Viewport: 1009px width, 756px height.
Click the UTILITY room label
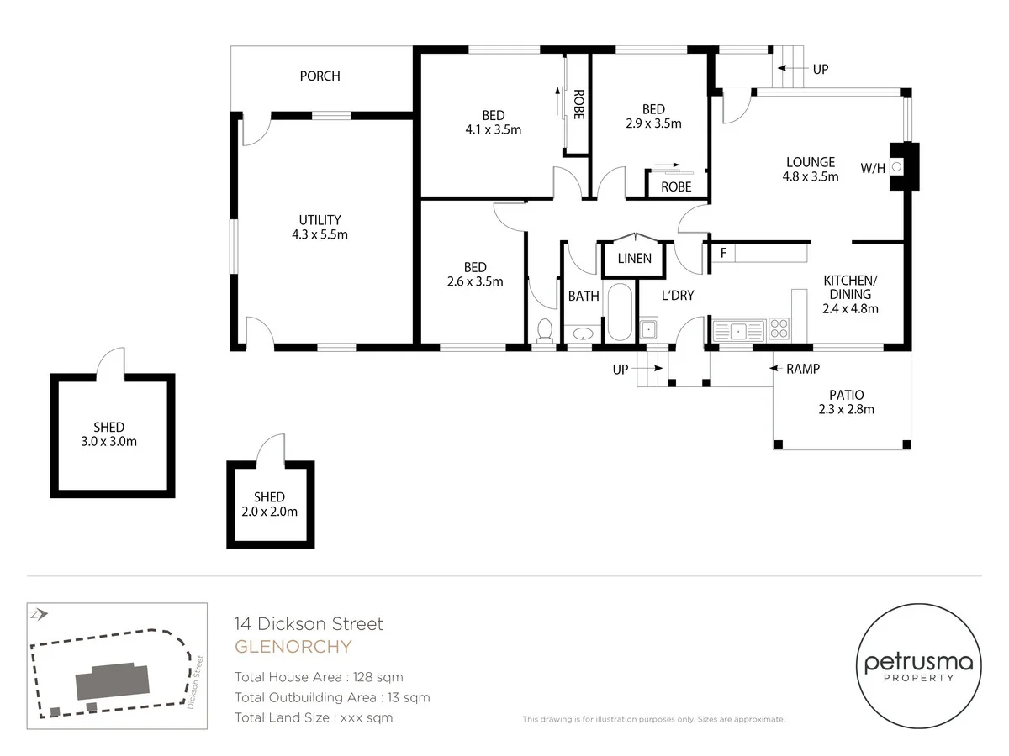click(x=320, y=220)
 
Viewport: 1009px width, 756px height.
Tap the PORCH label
click(x=320, y=76)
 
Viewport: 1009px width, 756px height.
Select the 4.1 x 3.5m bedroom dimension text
click(x=493, y=130)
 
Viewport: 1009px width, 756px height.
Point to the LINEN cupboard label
click(x=634, y=259)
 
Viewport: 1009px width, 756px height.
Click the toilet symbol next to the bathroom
click(x=544, y=329)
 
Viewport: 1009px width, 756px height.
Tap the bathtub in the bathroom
click(x=619, y=312)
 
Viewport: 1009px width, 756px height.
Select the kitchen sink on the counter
click(x=738, y=330)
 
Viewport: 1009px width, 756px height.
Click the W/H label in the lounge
click(x=873, y=169)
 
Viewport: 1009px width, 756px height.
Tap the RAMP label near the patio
click(x=802, y=369)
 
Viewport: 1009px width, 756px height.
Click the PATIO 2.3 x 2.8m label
click(x=846, y=402)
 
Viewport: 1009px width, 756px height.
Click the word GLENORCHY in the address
click(x=293, y=647)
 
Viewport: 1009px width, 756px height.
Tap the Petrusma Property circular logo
click(x=918, y=668)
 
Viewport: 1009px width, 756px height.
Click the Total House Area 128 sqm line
click(x=319, y=677)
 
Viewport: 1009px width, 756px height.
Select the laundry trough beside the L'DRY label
click(x=648, y=328)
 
